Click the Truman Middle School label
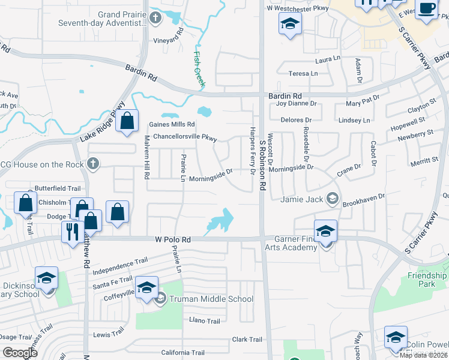point(211,299)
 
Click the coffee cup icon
point(427,9)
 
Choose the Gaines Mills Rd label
point(172,124)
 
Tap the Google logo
point(20,353)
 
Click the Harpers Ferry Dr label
point(252,152)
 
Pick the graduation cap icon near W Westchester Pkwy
point(290,24)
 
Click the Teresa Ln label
point(303,73)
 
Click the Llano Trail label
point(205,321)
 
